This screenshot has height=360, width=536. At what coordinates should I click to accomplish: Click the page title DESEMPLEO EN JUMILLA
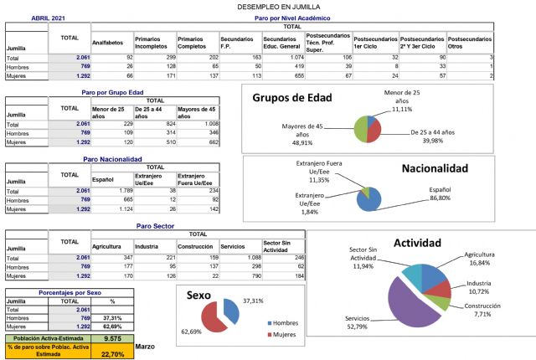coord(268,6)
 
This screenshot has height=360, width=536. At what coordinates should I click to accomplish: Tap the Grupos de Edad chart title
coord(292,98)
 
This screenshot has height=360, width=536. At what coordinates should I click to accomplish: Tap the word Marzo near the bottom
coord(145,346)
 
